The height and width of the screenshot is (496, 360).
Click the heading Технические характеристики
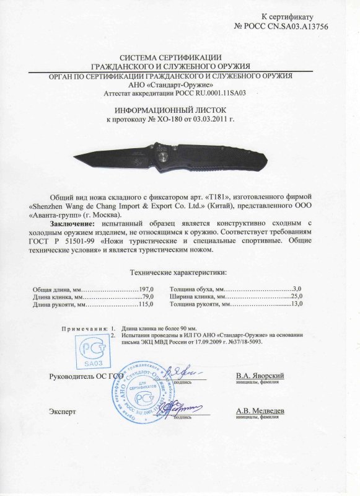[177, 272]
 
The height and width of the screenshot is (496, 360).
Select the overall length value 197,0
[146, 290]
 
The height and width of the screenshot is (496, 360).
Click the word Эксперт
[61, 411]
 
